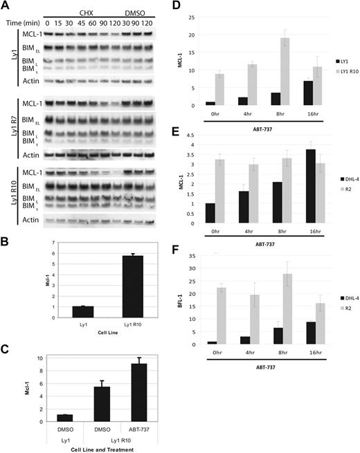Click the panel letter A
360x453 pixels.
6,7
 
